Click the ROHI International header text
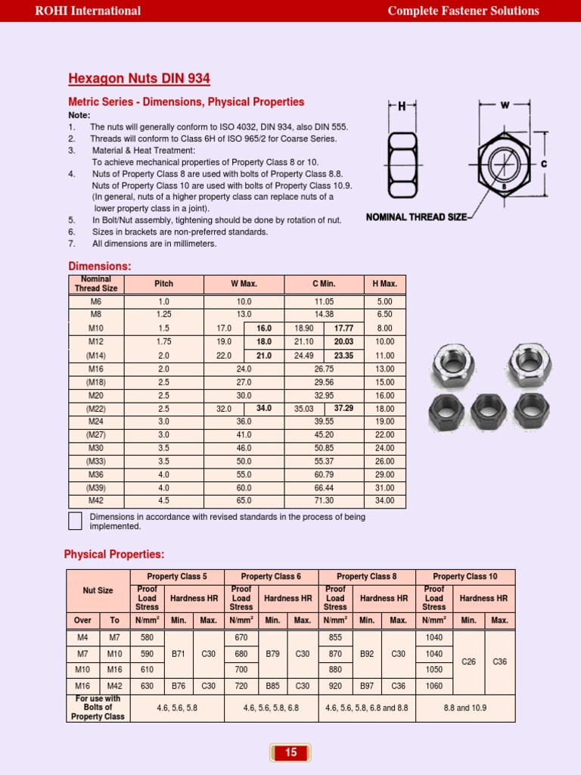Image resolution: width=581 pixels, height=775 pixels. (89, 11)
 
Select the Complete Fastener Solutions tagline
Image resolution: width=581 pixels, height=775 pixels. (463, 11)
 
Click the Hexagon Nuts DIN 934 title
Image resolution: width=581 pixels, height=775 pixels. (139, 79)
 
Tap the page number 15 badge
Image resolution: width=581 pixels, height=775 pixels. (290, 752)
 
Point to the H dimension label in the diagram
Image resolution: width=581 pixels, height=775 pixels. (402, 107)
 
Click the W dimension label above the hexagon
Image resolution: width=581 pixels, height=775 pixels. (505, 105)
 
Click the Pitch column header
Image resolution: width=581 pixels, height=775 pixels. (163, 284)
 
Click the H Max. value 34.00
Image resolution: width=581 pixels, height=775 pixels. (384, 501)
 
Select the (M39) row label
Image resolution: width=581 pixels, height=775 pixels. (95, 488)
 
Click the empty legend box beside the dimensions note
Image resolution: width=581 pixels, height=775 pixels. (75, 521)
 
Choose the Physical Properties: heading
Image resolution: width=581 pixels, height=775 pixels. (114, 555)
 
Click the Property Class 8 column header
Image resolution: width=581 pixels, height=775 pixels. (365, 577)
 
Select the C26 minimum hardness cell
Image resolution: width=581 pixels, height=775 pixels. (468, 661)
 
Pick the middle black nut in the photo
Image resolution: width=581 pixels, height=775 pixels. (489, 411)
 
